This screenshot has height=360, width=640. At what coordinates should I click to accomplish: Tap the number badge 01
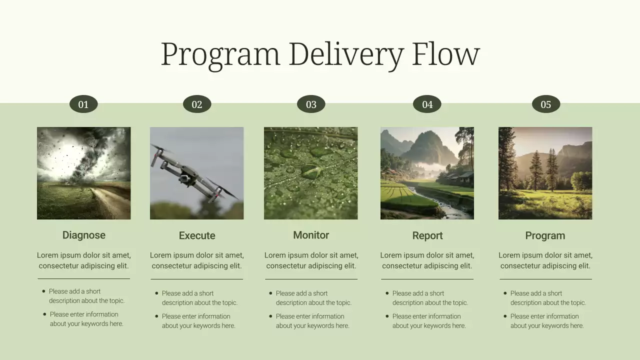tap(83, 104)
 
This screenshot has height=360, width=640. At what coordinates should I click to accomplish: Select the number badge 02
tap(197, 104)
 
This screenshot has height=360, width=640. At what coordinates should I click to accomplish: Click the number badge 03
tap(311, 104)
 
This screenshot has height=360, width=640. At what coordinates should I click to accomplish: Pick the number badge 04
tap(427, 104)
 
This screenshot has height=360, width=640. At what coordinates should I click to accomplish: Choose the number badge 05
tap(545, 104)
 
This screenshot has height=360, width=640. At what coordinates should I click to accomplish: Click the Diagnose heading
tap(84, 235)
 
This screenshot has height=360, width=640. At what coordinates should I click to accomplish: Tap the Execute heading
tap(197, 235)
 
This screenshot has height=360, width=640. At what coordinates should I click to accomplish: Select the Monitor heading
tap(311, 235)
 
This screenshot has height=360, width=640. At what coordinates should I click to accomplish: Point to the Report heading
tap(427, 235)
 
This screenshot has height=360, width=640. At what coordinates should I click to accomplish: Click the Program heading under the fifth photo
tap(545, 235)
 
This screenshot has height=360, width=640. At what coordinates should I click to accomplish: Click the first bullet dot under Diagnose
tap(43, 291)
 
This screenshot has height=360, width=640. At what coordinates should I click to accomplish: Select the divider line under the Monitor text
tap(311, 279)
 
